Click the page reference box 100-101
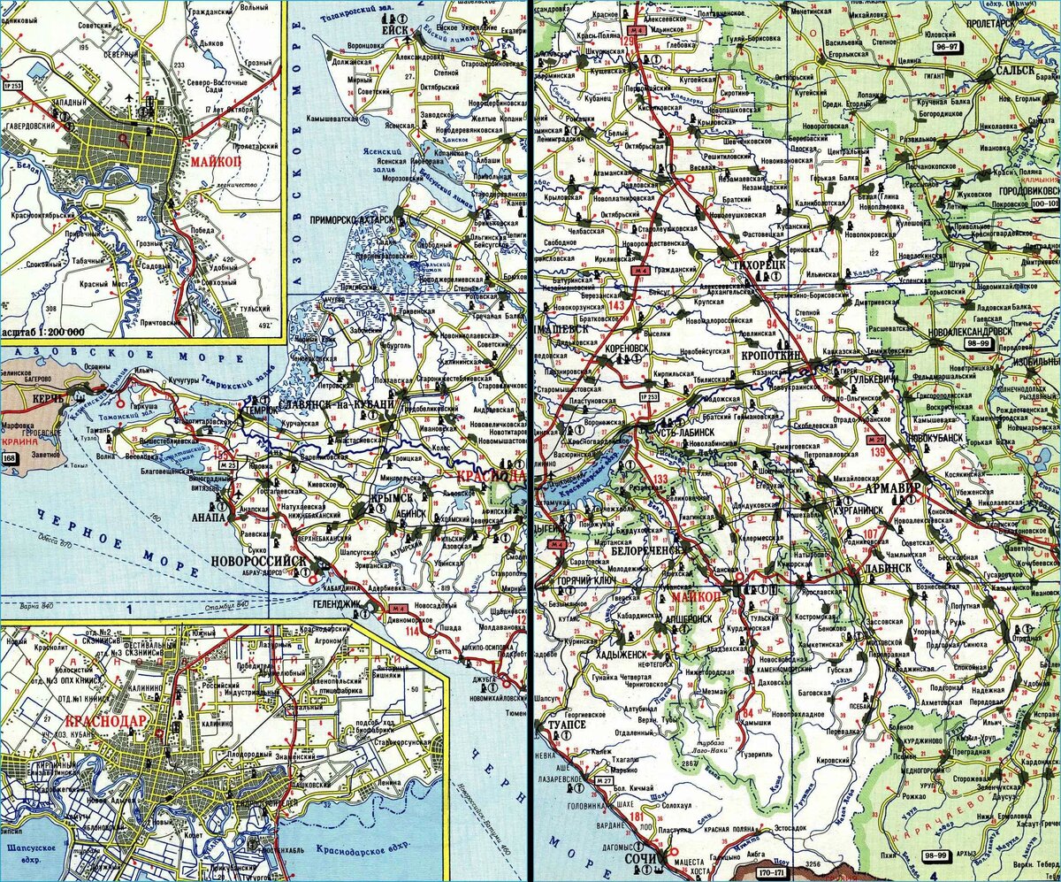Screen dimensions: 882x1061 click(x=1043, y=203)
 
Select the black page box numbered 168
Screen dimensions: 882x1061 click(x=10, y=458)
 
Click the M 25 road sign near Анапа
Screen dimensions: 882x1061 click(x=227, y=464)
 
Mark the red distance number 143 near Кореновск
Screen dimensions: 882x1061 click(x=616, y=305)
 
